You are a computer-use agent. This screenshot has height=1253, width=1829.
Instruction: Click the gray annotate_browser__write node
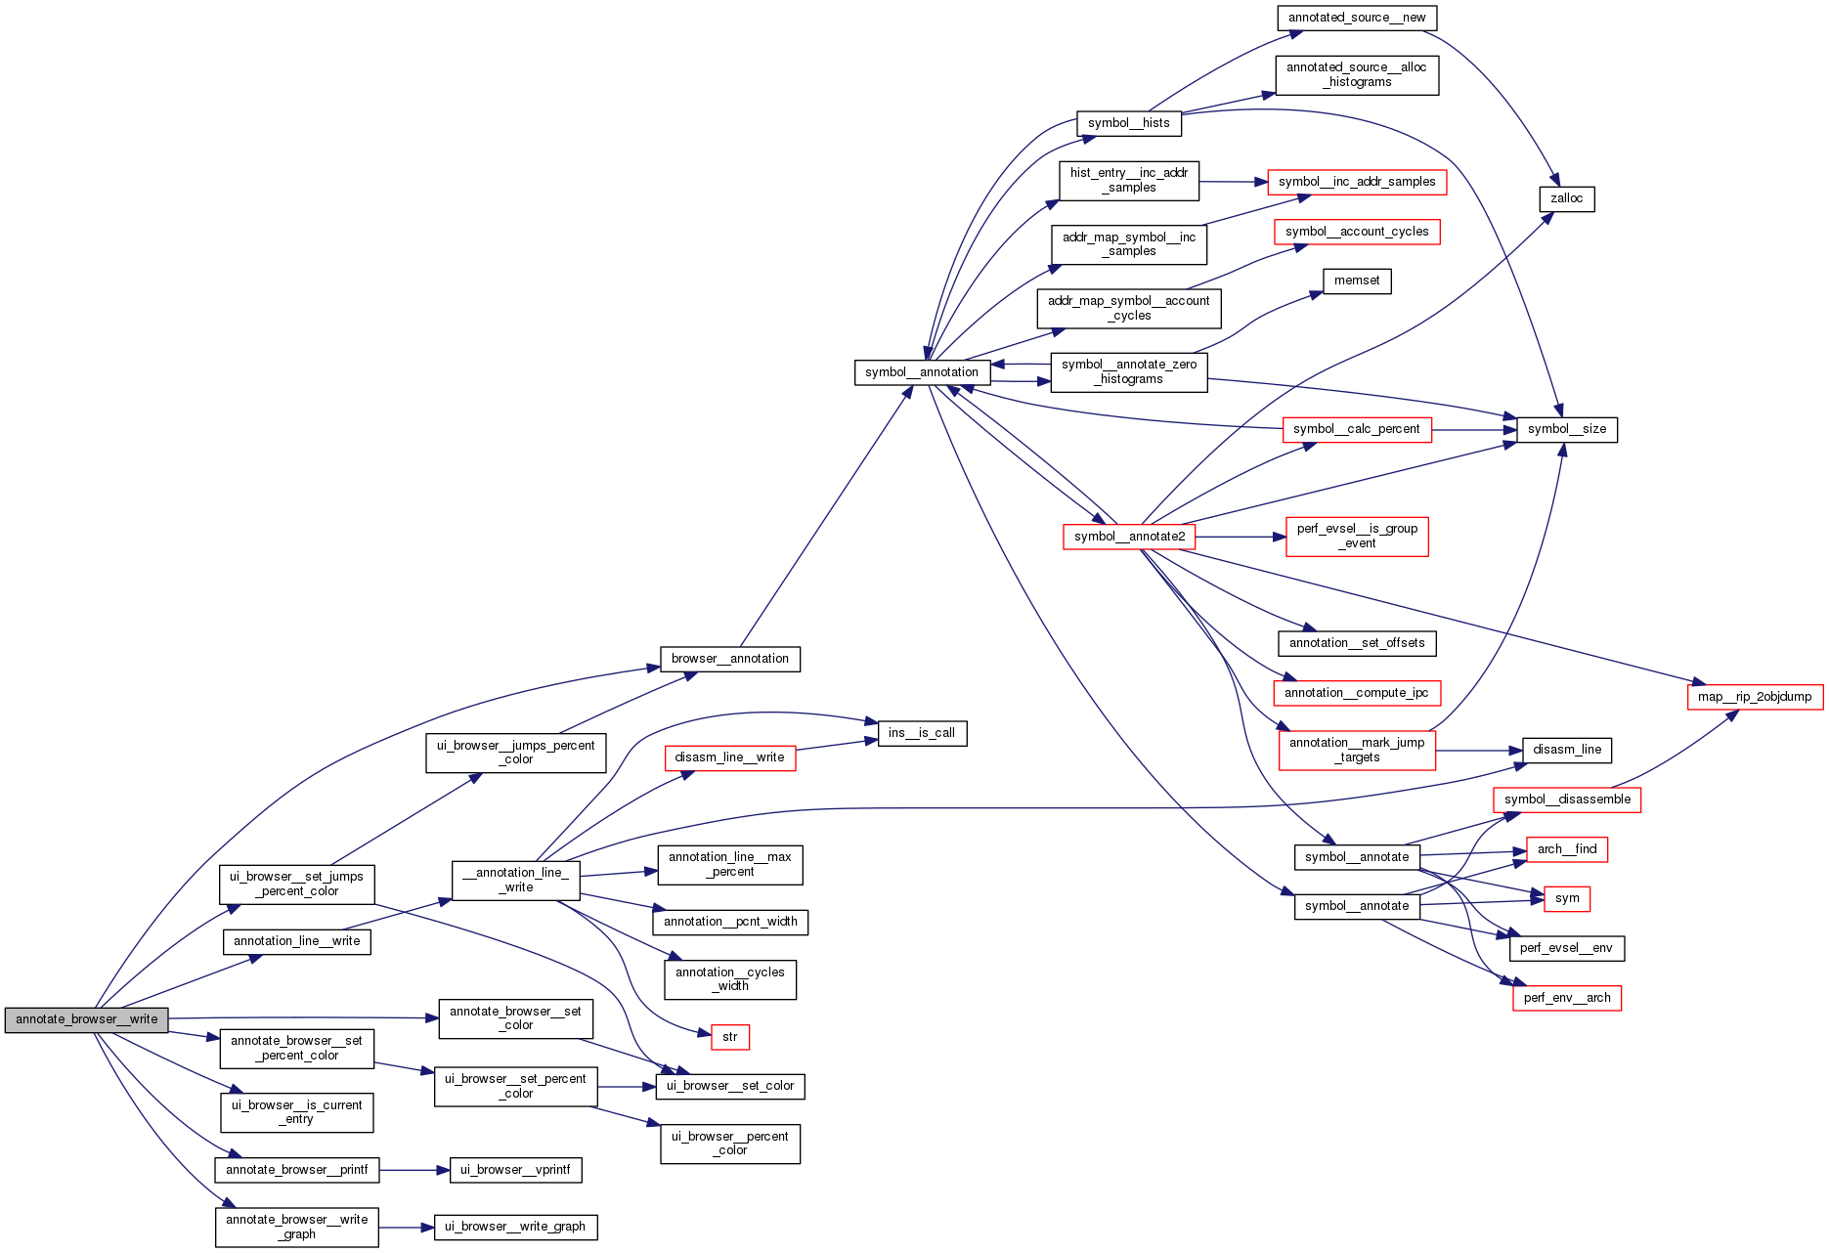click(x=86, y=1019)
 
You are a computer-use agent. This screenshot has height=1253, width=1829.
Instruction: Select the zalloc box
click(x=1566, y=198)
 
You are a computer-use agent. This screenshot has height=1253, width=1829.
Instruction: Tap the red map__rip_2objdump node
click(x=1754, y=697)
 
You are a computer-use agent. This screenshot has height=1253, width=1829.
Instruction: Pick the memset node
click(x=1357, y=281)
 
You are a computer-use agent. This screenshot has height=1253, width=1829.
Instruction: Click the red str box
click(x=729, y=1037)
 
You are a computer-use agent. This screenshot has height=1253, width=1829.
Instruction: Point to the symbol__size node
click(x=1566, y=429)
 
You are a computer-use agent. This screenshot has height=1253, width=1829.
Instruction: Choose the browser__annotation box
click(x=729, y=659)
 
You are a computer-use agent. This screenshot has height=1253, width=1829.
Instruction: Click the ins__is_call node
click(x=922, y=733)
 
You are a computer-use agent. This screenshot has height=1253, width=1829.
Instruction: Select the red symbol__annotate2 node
click(x=1128, y=537)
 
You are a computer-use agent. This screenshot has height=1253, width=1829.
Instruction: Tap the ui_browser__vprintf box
click(x=515, y=1170)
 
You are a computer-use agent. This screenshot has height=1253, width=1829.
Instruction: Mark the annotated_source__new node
click(x=1356, y=18)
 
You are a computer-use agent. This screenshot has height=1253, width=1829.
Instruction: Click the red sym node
click(x=1566, y=898)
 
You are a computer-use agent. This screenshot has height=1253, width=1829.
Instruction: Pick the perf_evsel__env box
click(x=1566, y=948)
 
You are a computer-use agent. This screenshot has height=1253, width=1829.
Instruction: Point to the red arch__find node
click(x=1566, y=849)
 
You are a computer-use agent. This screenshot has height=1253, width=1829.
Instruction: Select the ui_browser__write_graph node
click(x=515, y=1227)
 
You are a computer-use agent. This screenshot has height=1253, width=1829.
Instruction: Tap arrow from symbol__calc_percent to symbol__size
click(x=1473, y=429)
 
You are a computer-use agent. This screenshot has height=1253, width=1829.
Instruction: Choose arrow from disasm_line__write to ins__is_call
click(x=837, y=746)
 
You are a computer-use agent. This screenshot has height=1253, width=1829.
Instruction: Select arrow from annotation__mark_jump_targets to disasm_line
click(x=1479, y=751)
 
